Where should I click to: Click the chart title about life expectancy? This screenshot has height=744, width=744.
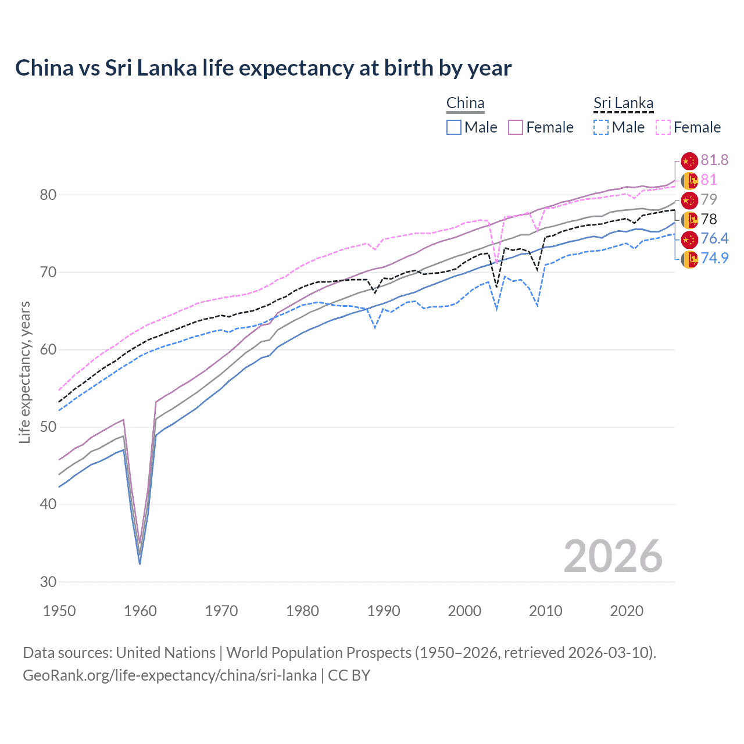pyautogui.click(x=263, y=68)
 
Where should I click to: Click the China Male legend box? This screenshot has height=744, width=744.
pyautogui.click(x=454, y=127)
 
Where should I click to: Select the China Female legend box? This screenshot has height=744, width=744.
pyautogui.click(x=516, y=127)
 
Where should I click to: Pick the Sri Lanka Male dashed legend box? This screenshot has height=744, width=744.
pyautogui.click(x=602, y=127)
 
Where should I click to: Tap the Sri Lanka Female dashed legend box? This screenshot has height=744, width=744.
pyautogui.click(x=663, y=127)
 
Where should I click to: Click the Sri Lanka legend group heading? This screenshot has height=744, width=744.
pyautogui.click(x=623, y=103)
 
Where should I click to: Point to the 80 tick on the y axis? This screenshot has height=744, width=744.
pyautogui.click(x=48, y=195)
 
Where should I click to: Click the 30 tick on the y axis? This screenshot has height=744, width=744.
pyautogui.click(x=48, y=582)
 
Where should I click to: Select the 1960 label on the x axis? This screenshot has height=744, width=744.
pyautogui.click(x=141, y=611)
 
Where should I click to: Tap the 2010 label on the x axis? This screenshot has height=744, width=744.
pyautogui.click(x=545, y=611)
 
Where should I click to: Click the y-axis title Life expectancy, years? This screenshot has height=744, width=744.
pyautogui.click(x=24, y=372)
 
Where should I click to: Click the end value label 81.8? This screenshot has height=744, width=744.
pyautogui.click(x=714, y=160)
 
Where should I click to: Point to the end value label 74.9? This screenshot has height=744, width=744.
pyautogui.click(x=714, y=258)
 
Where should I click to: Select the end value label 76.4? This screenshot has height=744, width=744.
pyautogui.click(x=714, y=238)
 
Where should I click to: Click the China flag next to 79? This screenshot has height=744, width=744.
pyautogui.click(x=689, y=200)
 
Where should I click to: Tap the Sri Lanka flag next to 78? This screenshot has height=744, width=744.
pyautogui.click(x=689, y=220)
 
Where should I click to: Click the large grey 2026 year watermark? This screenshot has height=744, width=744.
pyautogui.click(x=613, y=556)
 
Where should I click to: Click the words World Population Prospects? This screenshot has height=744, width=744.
pyautogui.click(x=319, y=653)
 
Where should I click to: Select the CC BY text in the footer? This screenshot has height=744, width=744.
pyautogui.click(x=349, y=675)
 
